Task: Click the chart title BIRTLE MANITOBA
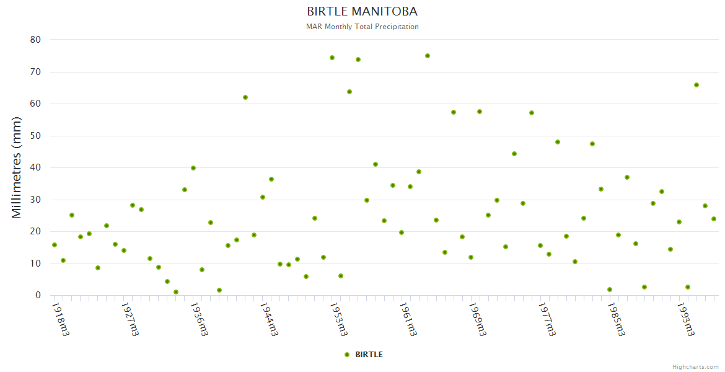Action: click(x=362, y=12)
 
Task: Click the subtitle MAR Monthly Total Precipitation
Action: click(x=362, y=27)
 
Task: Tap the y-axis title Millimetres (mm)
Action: click(x=17, y=167)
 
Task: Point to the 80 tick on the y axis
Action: click(x=35, y=40)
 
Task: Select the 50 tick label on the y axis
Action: click(x=35, y=136)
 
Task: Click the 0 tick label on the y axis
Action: click(x=38, y=296)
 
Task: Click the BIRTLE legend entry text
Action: click(x=369, y=355)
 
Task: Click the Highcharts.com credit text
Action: click(x=695, y=367)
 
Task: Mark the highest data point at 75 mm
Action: click(x=428, y=56)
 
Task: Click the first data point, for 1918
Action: click(x=55, y=245)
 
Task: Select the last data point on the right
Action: click(x=714, y=219)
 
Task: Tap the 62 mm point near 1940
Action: click(x=245, y=97)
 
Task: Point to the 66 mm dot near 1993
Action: click(x=696, y=85)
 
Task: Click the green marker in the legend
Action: click(x=347, y=355)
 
